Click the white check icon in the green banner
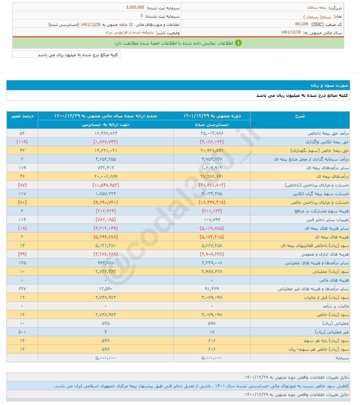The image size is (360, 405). pyautogui.click(x=239, y=43)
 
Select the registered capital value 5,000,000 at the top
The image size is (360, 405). pyautogui.click(x=135, y=7)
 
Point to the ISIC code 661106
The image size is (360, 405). pyautogui.click(x=301, y=24)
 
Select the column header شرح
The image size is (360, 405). pyautogui.click(x=300, y=116)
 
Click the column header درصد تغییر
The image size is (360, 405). pyautogui.click(x=22, y=116)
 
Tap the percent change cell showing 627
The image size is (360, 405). pyautogui.click(x=22, y=289)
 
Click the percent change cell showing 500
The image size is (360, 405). pyautogui.click(x=22, y=332)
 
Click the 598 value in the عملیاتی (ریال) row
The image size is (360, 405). pyautogui.click(x=212, y=323)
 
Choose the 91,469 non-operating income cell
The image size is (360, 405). pyautogui.click(x=212, y=289)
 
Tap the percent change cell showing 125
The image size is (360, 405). pyautogui.click(x=22, y=263)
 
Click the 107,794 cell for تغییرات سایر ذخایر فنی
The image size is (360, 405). pyautogui.click(x=212, y=220)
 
